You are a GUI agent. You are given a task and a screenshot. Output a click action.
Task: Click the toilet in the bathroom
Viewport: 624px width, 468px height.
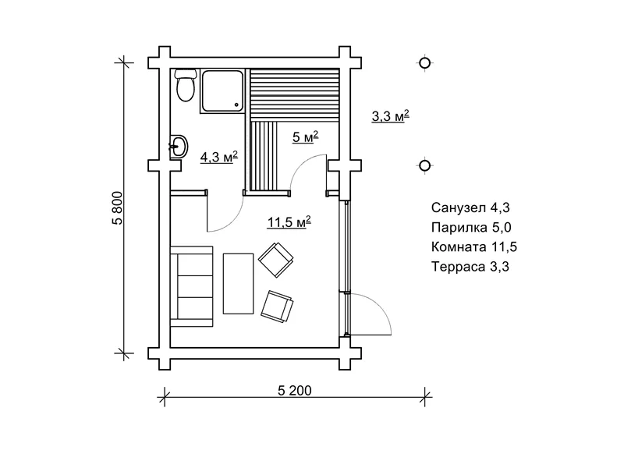point(185,86)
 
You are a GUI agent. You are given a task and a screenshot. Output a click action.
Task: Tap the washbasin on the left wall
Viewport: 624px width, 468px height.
point(179,145)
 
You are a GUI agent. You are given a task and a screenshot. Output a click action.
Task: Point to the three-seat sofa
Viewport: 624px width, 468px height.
point(191,283)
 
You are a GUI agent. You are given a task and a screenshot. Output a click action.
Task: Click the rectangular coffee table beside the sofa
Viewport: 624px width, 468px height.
point(239,283)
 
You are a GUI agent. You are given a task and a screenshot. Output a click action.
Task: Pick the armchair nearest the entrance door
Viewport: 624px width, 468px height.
point(278,305)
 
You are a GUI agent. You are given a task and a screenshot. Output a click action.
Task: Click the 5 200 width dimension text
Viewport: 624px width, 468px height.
point(294,390)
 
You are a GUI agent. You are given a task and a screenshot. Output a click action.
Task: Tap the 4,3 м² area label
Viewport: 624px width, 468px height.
point(219,157)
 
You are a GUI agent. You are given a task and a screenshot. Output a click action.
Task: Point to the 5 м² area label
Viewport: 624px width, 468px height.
point(305,136)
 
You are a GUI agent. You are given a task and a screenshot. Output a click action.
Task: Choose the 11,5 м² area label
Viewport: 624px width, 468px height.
point(289,222)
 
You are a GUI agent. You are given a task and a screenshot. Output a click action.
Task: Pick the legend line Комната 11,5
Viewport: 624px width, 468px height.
point(473,247)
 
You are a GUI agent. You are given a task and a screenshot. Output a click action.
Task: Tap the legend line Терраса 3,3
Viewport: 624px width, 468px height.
point(469,267)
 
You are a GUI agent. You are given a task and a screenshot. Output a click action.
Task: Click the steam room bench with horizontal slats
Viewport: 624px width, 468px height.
point(295,92)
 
